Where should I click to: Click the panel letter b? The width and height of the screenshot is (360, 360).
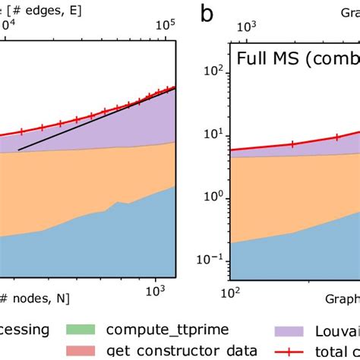204,14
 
